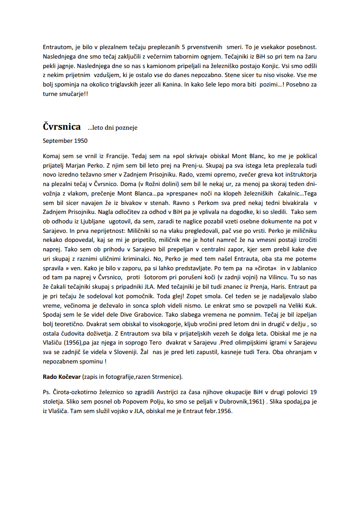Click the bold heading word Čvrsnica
click(62, 127)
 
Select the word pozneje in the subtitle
click(127, 128)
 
